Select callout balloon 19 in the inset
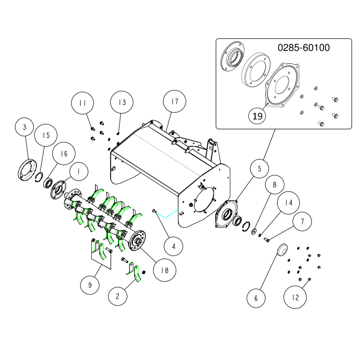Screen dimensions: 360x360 [x=257, y=116]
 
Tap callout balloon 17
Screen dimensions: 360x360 [x=174, y=102]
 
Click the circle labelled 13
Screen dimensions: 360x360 [x=123, y=102]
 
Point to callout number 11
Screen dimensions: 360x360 [x=82, y=103]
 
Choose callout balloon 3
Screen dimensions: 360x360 [x=25, y=127]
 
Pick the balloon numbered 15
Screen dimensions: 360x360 [x=46, y=135]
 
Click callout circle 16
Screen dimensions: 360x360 [x=64, y=153]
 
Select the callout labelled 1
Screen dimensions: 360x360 [x=79, y=171]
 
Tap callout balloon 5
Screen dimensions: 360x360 [x=259, y=169]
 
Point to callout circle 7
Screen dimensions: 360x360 [x=303, y=222]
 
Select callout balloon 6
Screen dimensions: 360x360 [x=256, y=298]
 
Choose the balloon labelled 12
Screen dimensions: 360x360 [x=295, y=297]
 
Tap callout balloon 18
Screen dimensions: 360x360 [x=165, y=270]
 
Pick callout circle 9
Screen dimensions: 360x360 [x=90, y=284]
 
